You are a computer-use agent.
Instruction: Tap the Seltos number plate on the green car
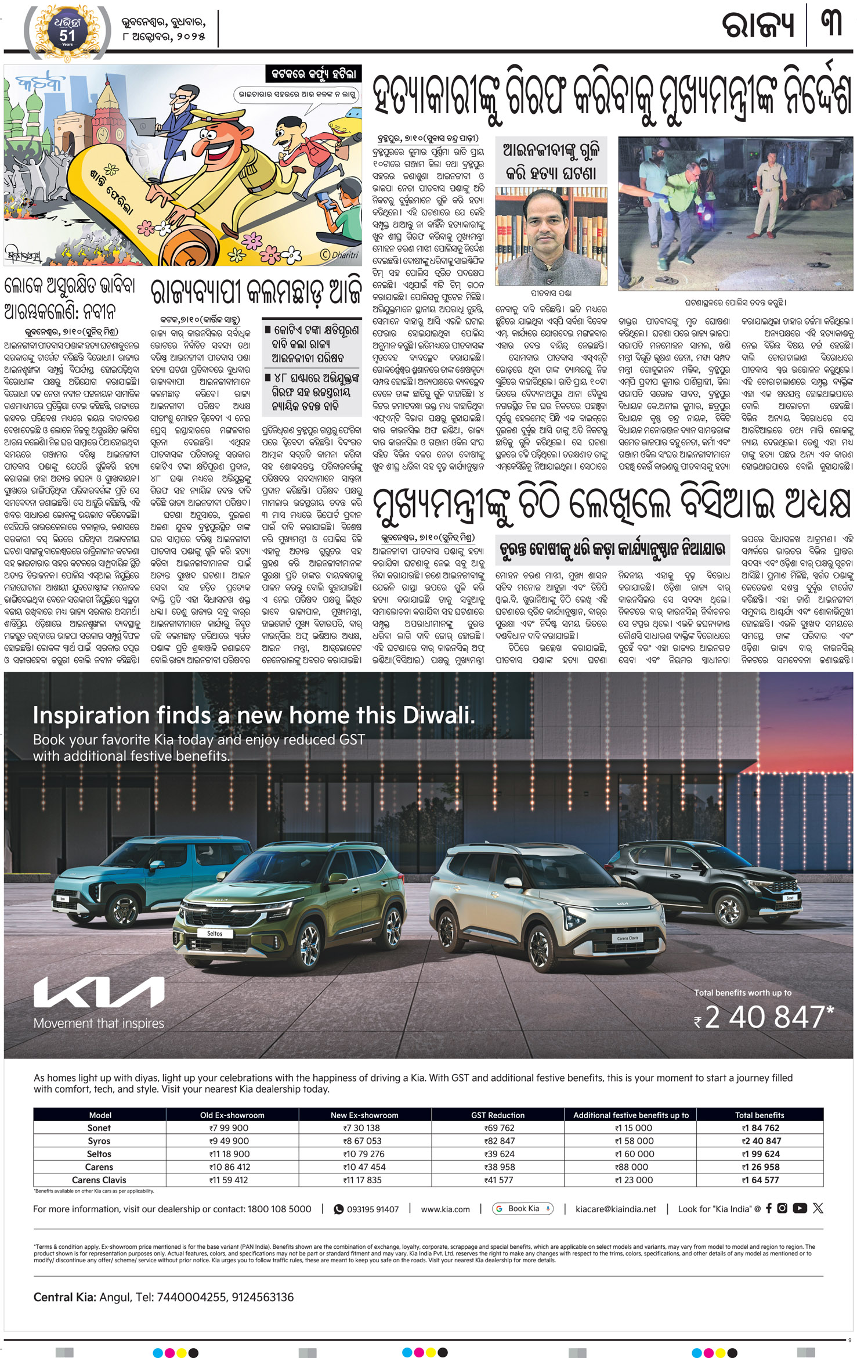pyautogui.click(x=214, y=934)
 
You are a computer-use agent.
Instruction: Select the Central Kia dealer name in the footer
pyautogui.click(x=64, y=1297)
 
